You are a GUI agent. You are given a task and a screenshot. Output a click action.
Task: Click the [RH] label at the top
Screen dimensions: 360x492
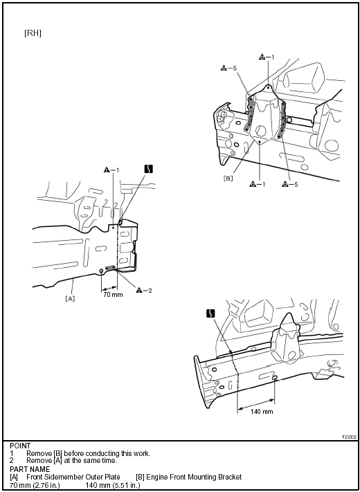coord(33,33)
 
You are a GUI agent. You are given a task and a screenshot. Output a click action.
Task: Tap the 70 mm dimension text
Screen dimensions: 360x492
coord(113,295)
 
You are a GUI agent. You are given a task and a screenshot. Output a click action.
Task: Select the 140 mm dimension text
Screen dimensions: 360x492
coord(262,411)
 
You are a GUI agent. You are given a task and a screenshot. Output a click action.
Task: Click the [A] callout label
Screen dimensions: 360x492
coord(70,298)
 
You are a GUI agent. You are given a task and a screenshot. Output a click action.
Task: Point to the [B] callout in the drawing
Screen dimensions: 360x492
coord(228,179)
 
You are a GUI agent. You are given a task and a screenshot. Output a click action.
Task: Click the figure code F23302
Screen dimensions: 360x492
coord(350,437)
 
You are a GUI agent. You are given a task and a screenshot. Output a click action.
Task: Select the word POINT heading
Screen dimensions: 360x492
coord(20,446)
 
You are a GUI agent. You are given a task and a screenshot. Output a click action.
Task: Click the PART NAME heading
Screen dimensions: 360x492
coord(30,469)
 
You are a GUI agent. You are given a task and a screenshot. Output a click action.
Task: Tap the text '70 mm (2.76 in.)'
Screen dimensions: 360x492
coord(35,485)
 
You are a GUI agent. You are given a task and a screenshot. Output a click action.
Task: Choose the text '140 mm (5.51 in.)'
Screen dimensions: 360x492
coord(113,485)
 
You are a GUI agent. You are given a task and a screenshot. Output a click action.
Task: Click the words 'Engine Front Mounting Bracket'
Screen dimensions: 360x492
coord(194,477)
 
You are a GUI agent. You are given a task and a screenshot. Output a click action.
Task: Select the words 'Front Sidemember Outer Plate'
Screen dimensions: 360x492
coord(73,477)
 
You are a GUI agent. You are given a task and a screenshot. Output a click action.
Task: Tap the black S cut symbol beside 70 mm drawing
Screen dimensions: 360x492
coord(149,169)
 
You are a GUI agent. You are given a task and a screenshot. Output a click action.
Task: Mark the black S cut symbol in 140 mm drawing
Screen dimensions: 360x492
coord(211,313)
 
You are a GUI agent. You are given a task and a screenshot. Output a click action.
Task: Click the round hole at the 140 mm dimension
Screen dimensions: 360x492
coord(275,379)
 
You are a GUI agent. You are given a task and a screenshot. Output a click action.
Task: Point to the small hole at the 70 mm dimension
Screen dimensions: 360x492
coord(101,271)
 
